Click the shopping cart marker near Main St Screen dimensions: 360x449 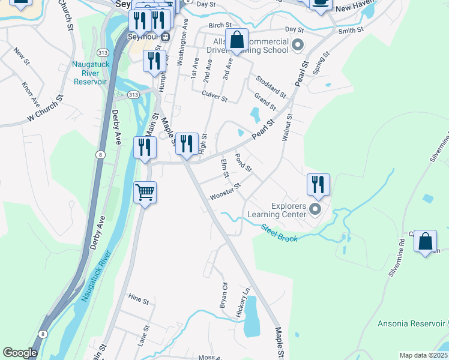pyautogui.click(x=145, y=193)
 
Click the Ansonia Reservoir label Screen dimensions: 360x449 pyautogui.click(x=412, y=324)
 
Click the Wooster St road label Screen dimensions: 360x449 pyautogui.click(x=225, y=192)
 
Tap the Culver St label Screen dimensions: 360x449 pyautogui.click(x=214, y=96)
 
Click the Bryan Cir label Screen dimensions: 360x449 pyautogui.click(x=223, y=295)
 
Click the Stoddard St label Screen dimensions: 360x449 pyautogui.click(x=271, y=86)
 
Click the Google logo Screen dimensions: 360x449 pyautogui.click(x=20, y=353)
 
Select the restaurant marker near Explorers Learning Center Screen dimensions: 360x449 pyautogui.click(x=318, y=184)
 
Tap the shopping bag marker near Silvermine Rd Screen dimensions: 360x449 pyautogui.click(x=425, y=241)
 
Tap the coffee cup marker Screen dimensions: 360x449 pyautogui.click(x=321, y=3)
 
